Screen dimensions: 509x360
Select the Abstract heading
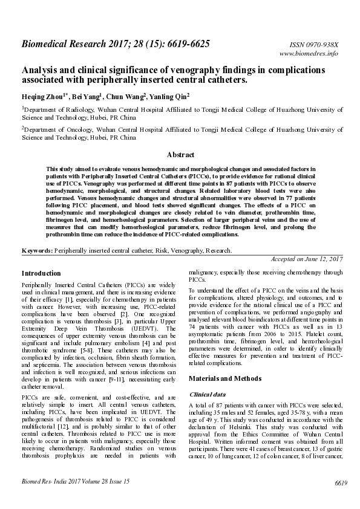pos(180,155)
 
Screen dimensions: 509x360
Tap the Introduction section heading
pos(41,273)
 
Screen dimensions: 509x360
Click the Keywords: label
pos(37,250)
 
